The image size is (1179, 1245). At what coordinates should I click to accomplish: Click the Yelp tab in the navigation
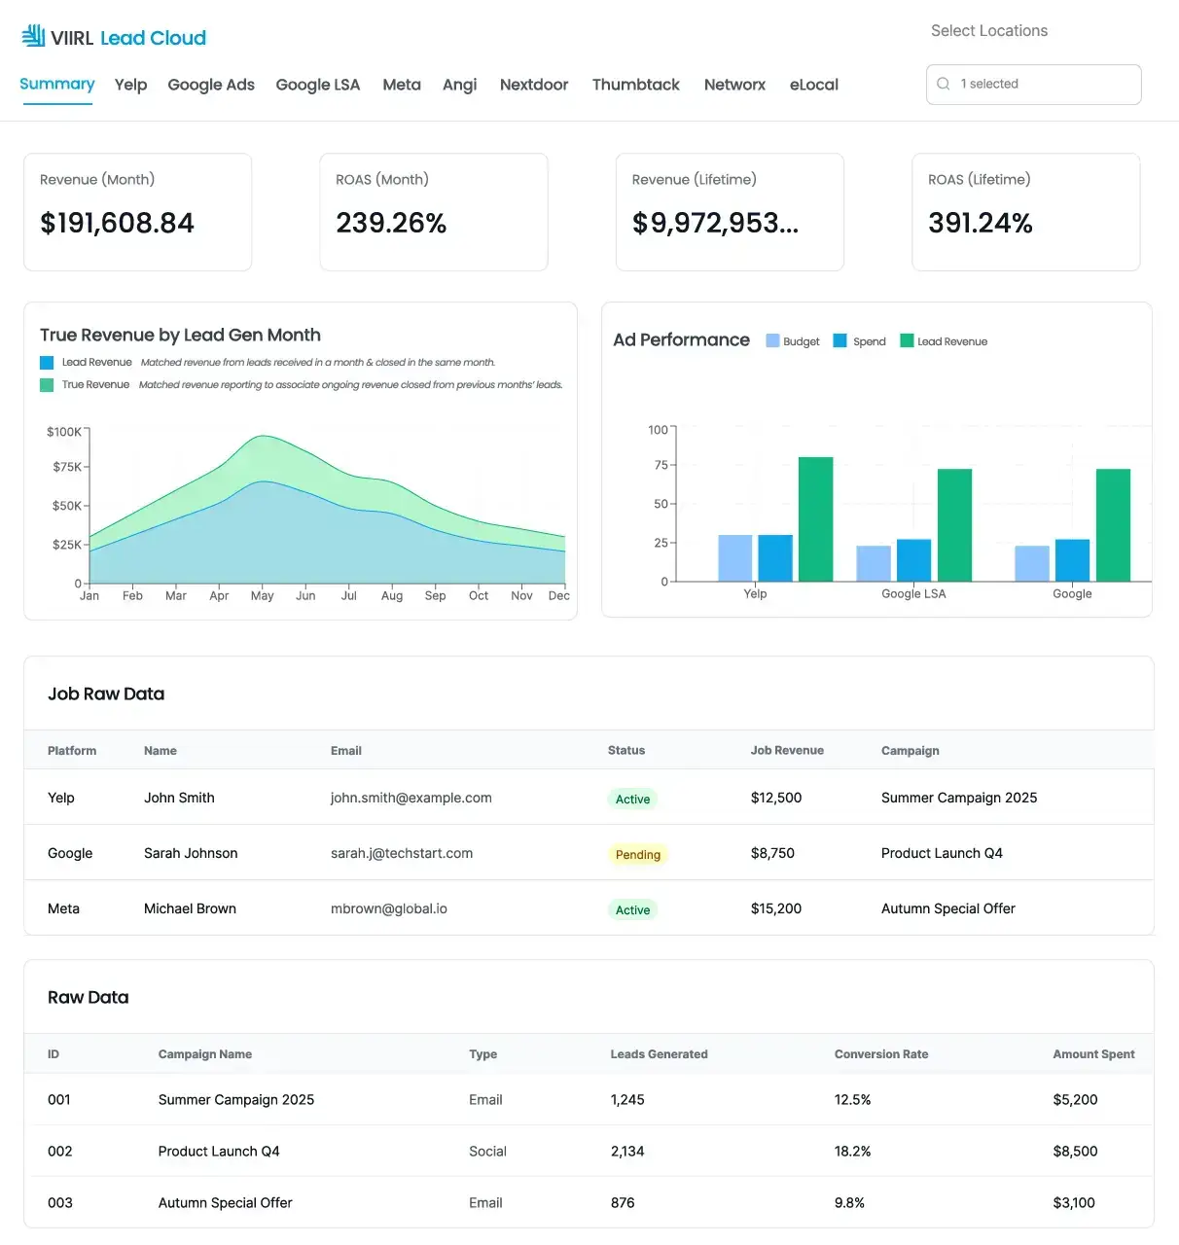(130, 85)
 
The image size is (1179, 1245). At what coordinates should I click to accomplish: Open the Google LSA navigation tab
(317, 85)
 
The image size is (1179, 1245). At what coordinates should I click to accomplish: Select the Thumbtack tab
(635, 85)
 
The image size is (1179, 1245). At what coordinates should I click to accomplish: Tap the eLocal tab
(813, 85)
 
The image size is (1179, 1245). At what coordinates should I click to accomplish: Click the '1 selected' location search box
(1033, 85)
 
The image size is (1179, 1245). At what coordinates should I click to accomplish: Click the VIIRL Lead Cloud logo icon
(34, 37)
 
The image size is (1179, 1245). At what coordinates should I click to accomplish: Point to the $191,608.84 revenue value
(117, 224)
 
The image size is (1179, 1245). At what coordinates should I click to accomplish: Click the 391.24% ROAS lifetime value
(980, 224)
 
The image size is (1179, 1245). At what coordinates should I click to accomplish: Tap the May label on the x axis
(262, 596)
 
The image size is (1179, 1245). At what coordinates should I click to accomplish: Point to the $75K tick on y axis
(67, 467)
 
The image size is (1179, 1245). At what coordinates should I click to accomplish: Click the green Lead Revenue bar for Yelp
(815, 519)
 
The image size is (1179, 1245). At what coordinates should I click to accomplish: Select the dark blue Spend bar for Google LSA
(913, 560)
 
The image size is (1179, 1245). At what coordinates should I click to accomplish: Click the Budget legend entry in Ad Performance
(793, 341)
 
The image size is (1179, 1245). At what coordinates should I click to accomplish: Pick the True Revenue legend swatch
(47, 385)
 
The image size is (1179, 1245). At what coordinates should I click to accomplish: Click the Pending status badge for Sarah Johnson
(637, 855)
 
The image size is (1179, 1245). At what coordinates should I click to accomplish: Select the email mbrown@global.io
(388, 908)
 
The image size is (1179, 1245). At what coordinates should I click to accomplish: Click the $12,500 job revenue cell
(775, 798)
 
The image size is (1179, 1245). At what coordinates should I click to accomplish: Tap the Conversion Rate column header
(880, 1054)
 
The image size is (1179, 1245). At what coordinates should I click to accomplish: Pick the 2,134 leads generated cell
(626, 1152)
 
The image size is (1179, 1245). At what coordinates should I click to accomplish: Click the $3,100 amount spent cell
(1073, 1203)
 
